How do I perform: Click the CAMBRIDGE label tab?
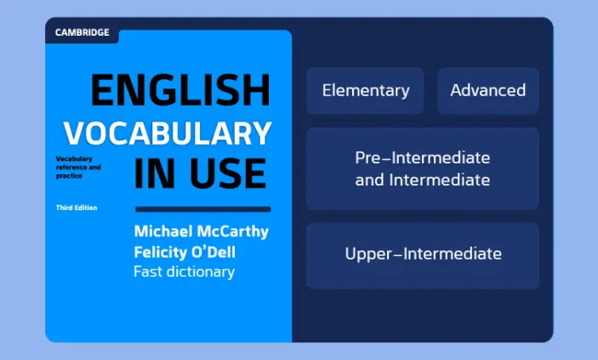tap(82, 32)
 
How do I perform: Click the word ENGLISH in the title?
tap(181, 90)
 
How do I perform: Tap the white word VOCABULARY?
tap(168, 134)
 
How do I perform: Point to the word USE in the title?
tap(228, 174)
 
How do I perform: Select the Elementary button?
tap(366, 91)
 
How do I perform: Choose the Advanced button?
tap(488, 91)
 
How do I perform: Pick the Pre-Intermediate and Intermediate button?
tap(423, 169)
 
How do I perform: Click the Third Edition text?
tap(77, 208)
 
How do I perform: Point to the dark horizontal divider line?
tap(203, 209)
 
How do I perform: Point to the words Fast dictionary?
tap(185, 271)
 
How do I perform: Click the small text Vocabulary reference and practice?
tap(78, 167)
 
